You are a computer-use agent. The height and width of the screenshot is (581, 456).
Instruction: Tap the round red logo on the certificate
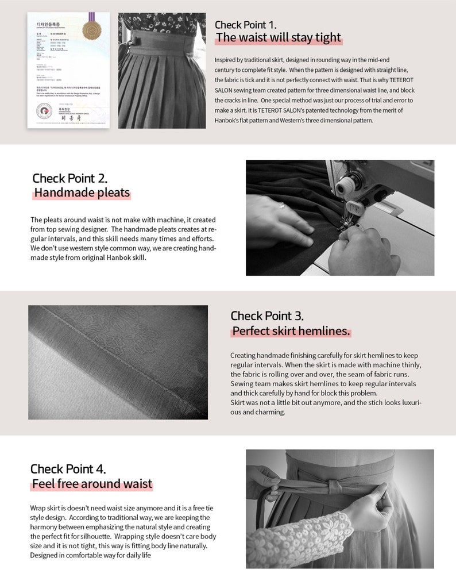[44, 110]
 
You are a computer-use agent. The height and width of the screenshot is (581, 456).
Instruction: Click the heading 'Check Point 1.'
[245, 25]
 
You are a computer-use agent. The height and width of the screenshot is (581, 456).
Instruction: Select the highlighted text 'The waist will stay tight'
[279, 38]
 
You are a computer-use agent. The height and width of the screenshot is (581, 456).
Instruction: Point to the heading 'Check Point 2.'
[69, 178]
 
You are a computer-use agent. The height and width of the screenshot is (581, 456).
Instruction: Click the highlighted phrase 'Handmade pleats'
[82, 193]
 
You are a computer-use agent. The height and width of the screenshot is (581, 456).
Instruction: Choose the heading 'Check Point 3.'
[267, 315]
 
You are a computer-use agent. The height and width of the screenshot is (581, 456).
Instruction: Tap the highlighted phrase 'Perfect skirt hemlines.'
[291, 331]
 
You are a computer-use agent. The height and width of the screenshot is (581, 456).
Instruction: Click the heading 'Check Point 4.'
[68, 468]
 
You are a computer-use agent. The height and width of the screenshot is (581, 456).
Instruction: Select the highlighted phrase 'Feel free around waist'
[92, 484]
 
